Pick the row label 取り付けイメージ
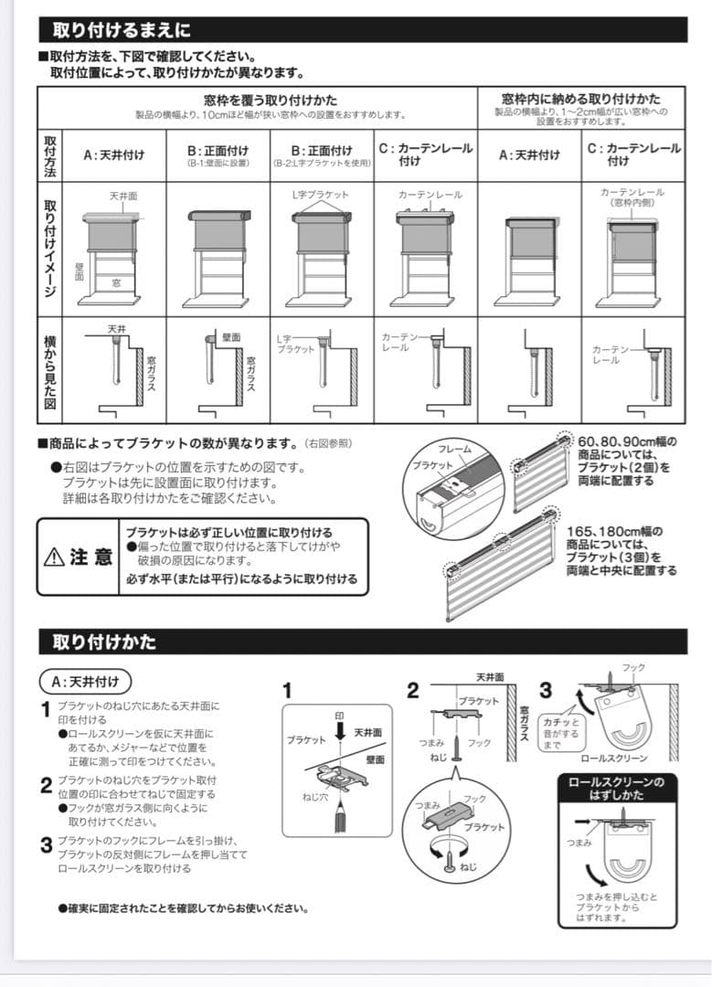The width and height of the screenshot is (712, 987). click(50, 248)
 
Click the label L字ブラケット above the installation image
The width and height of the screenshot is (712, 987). click(319, 195)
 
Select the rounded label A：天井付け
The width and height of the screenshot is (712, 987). click(86, 681)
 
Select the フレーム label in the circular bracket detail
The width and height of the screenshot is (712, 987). click(454, 450)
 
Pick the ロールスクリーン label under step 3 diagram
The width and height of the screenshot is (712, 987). click(613, 759)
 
